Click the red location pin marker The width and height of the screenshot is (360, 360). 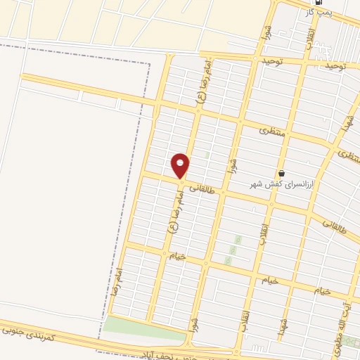point(181,165)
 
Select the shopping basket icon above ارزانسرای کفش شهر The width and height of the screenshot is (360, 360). point(282,173)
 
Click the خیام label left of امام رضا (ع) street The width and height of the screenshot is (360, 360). point(176,256)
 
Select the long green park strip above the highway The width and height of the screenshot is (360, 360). point(144,326)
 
